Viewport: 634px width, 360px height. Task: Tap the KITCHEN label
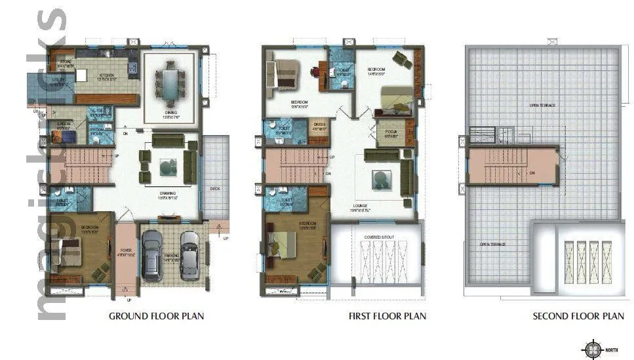pos(107,75)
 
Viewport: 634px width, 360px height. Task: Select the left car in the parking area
pos(152,255)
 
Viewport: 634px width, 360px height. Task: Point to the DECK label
pos(214,188)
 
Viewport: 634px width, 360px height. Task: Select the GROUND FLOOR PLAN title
pos(156,316)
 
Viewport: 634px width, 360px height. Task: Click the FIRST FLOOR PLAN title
pos(387,316)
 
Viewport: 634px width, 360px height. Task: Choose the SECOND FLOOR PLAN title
pos(578,316)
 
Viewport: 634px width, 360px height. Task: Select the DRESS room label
pos(319,124)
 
